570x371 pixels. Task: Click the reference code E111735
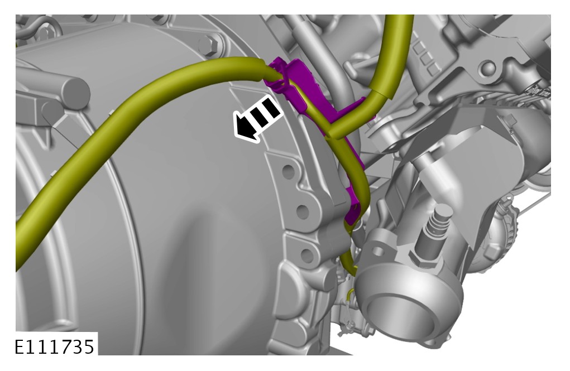55,346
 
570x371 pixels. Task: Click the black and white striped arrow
257,118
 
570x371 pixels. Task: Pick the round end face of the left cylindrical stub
76,93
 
